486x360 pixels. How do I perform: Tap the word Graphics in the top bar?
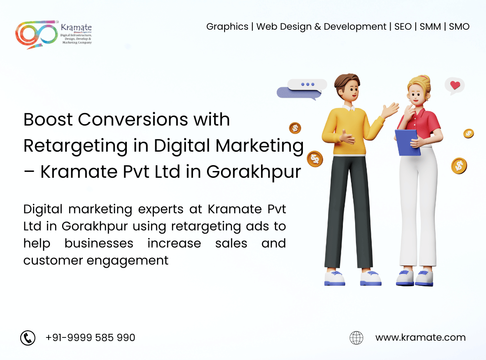[x=227, y=27]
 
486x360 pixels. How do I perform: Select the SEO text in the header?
[x=403, y=27]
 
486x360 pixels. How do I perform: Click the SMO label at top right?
[x=459, y=27]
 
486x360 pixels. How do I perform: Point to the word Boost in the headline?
[x=48, y=120]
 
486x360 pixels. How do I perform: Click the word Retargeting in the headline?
[x=76, y=146]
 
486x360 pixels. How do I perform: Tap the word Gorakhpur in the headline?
[x=253, y=172]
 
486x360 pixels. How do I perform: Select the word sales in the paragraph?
[x=231, y=243]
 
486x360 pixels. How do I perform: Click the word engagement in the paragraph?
[x=127, y=261]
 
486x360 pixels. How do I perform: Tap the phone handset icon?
[x=28, y=337]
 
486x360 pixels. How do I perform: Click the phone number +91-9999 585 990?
[x=90, y=337]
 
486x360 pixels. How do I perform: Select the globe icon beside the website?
[x=356, y=337]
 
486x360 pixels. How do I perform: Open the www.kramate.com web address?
[x=420, y=337]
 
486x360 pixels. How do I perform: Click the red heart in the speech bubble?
[x=455, y=85]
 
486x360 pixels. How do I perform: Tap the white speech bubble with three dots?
[x=307, y=85]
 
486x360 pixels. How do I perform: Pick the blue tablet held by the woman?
[x=407, y=142]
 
